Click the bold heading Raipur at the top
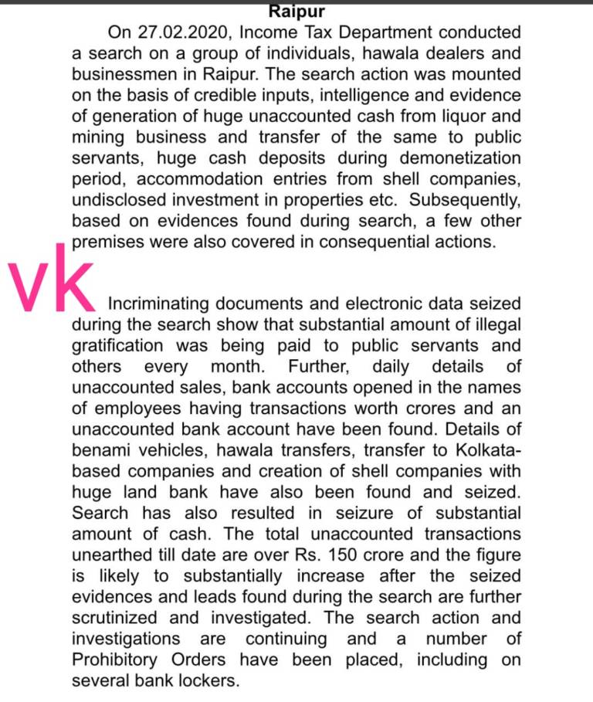(296, 12)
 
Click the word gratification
(117, 346)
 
